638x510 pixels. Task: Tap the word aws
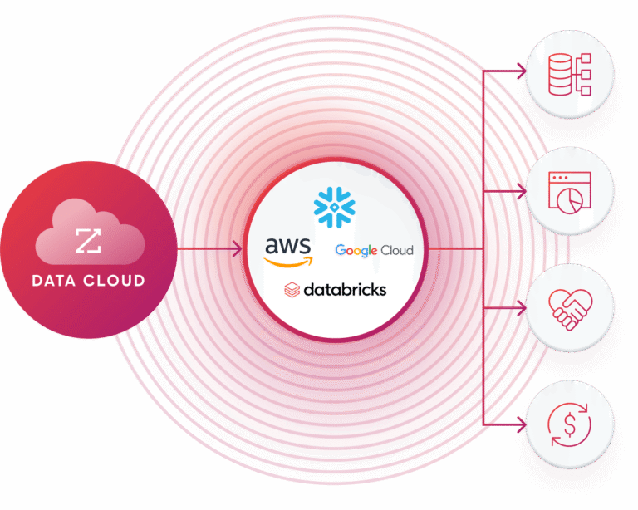click(x=287, y=246)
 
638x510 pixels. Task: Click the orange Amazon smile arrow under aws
click(x=288, y=261)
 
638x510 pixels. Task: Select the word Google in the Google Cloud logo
click(x=356, y=250)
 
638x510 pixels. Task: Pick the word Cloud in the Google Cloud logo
click(x=396, y=250)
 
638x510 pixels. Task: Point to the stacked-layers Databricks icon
click(x=292, y=290)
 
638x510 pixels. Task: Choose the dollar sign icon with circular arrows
click(x=571, y=424)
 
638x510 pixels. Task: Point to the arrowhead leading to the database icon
click(x=523, y=72)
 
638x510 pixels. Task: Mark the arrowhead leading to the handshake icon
click(x=523, y=308)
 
